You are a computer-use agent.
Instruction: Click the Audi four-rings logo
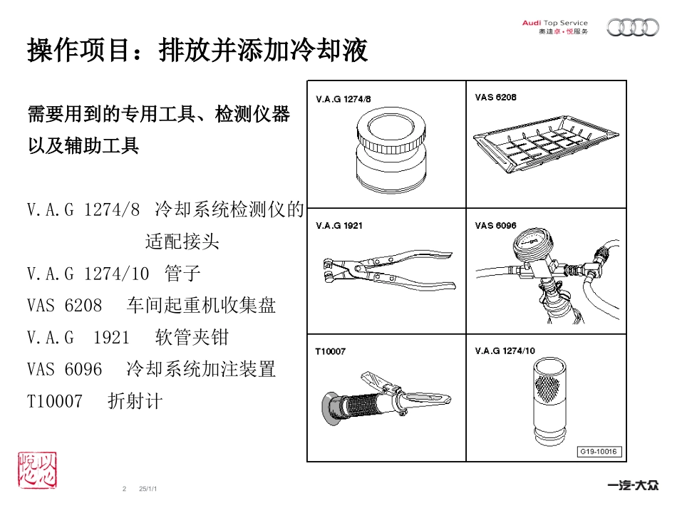(x=632, y=28)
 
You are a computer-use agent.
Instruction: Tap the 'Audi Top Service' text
(x=554, y=23)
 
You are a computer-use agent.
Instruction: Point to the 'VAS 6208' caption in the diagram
(x=495, y=97)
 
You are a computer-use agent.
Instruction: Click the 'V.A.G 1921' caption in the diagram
(x=339, y=225)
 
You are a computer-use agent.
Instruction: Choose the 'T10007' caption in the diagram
(x=330, y=351)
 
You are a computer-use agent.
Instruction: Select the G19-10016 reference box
(x=599, y=451)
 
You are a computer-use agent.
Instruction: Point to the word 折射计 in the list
(x=135, y=401)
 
